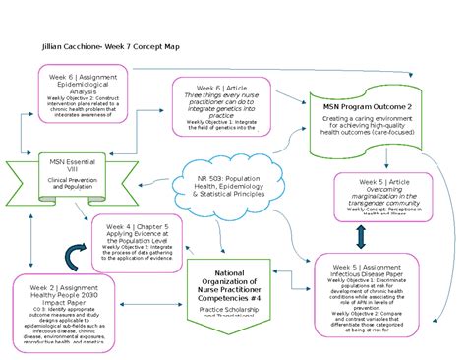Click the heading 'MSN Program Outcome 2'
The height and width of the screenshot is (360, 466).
coord(369,105)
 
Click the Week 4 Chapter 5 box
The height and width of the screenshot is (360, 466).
coord(138,245)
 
